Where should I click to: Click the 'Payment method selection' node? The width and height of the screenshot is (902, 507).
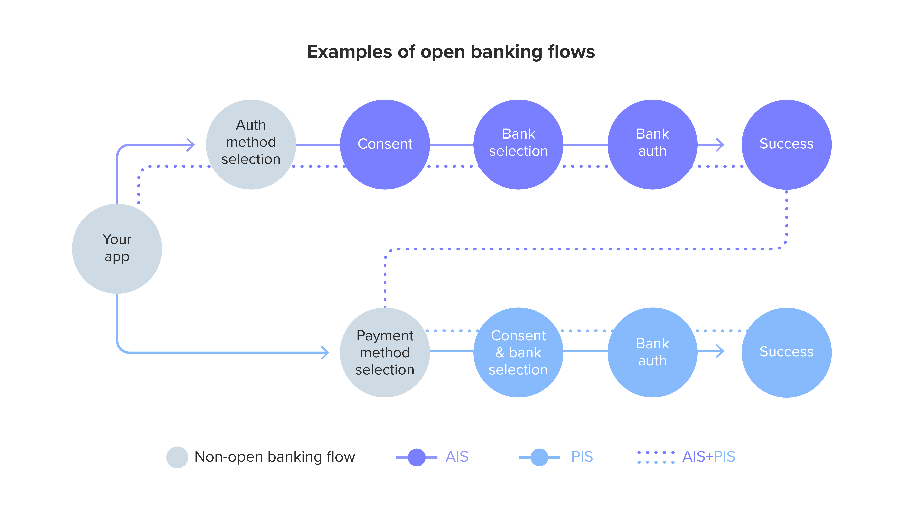pos(385,352)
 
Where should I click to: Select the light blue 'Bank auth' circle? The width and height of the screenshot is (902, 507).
pos(652,352)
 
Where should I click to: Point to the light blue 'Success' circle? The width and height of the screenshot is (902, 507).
pos(786,352)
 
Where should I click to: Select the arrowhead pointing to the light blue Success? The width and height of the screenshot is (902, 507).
pos(721,351)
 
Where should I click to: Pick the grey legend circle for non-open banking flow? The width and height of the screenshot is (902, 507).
pos(177,457)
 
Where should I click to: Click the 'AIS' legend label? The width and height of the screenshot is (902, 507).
pos(457,457)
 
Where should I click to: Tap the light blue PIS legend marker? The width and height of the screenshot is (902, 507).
pos(539,457)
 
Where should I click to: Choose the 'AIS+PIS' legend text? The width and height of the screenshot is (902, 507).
pos(709,457)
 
